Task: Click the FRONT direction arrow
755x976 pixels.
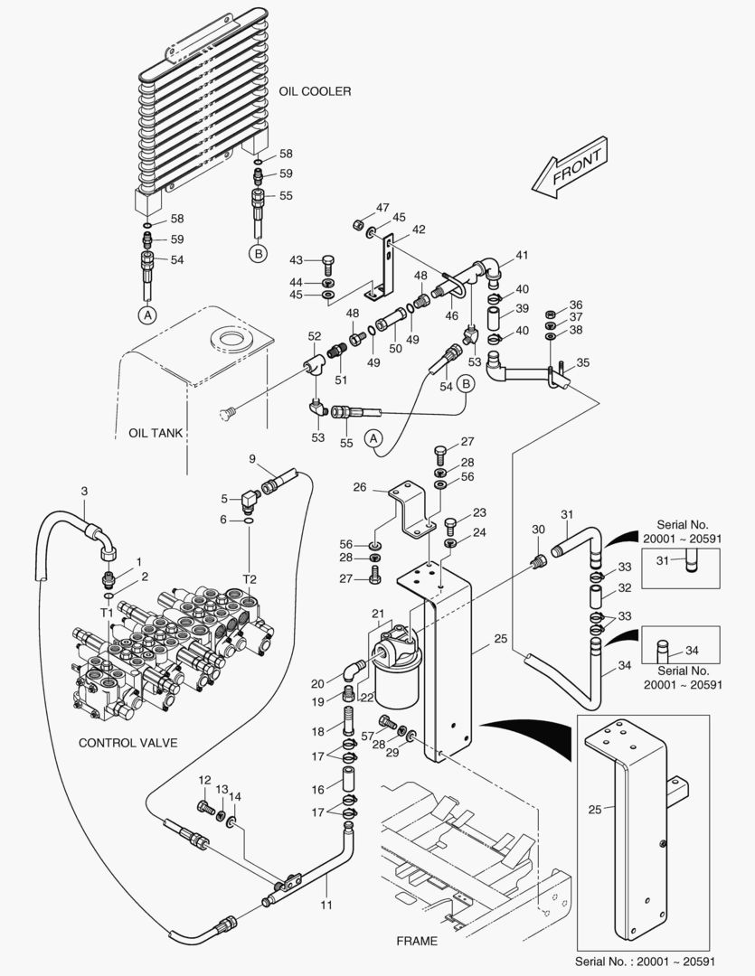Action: click(569, 166)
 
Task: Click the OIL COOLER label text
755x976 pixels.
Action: click(315, 91)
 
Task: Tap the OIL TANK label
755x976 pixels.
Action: click(150, 433)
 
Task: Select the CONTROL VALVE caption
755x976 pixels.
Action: click(127, 743)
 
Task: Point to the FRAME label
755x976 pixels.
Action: click(417, 941)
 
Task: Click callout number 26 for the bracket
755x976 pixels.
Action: click(359, 488)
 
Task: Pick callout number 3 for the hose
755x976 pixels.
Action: click(84, 491)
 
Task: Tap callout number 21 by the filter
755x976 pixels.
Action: click(378, 615)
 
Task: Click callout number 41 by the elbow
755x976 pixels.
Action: click(522, 255)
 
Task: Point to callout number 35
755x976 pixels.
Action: click(583, 362)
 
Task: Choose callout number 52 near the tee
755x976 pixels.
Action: click(314, 336)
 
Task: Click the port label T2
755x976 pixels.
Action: click(250, 578)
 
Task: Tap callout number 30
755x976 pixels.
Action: click(538, 529)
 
